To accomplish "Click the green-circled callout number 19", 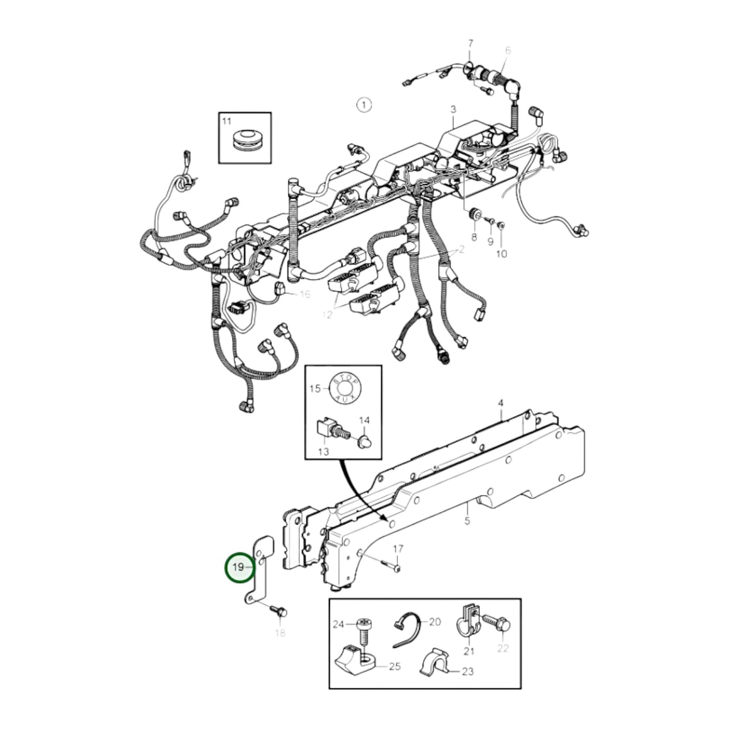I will (x=239, y=567).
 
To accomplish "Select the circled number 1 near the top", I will (x=363, y=105).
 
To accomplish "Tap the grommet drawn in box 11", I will (x=245, y=139).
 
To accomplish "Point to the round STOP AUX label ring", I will (x=345, y=388).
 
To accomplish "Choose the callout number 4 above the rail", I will (x=500, y=404).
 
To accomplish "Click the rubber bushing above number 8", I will (x=474, y=214).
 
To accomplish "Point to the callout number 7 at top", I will (x=471, y=42).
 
